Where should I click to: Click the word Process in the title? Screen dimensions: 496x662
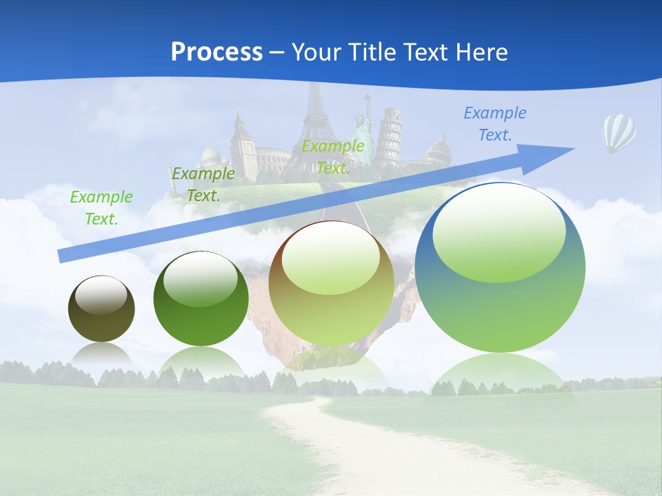tap(217, 52)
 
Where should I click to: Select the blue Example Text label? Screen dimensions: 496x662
tap(494, 124)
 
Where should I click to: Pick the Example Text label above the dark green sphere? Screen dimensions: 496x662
tap(203, 185)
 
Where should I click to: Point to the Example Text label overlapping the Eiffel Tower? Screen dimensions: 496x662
tap(333, 156)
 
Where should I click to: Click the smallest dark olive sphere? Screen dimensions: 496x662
tap(101, 309)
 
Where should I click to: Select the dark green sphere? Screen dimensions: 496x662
tap(201, 299)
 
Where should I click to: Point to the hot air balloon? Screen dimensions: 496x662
tap(619, 133)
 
